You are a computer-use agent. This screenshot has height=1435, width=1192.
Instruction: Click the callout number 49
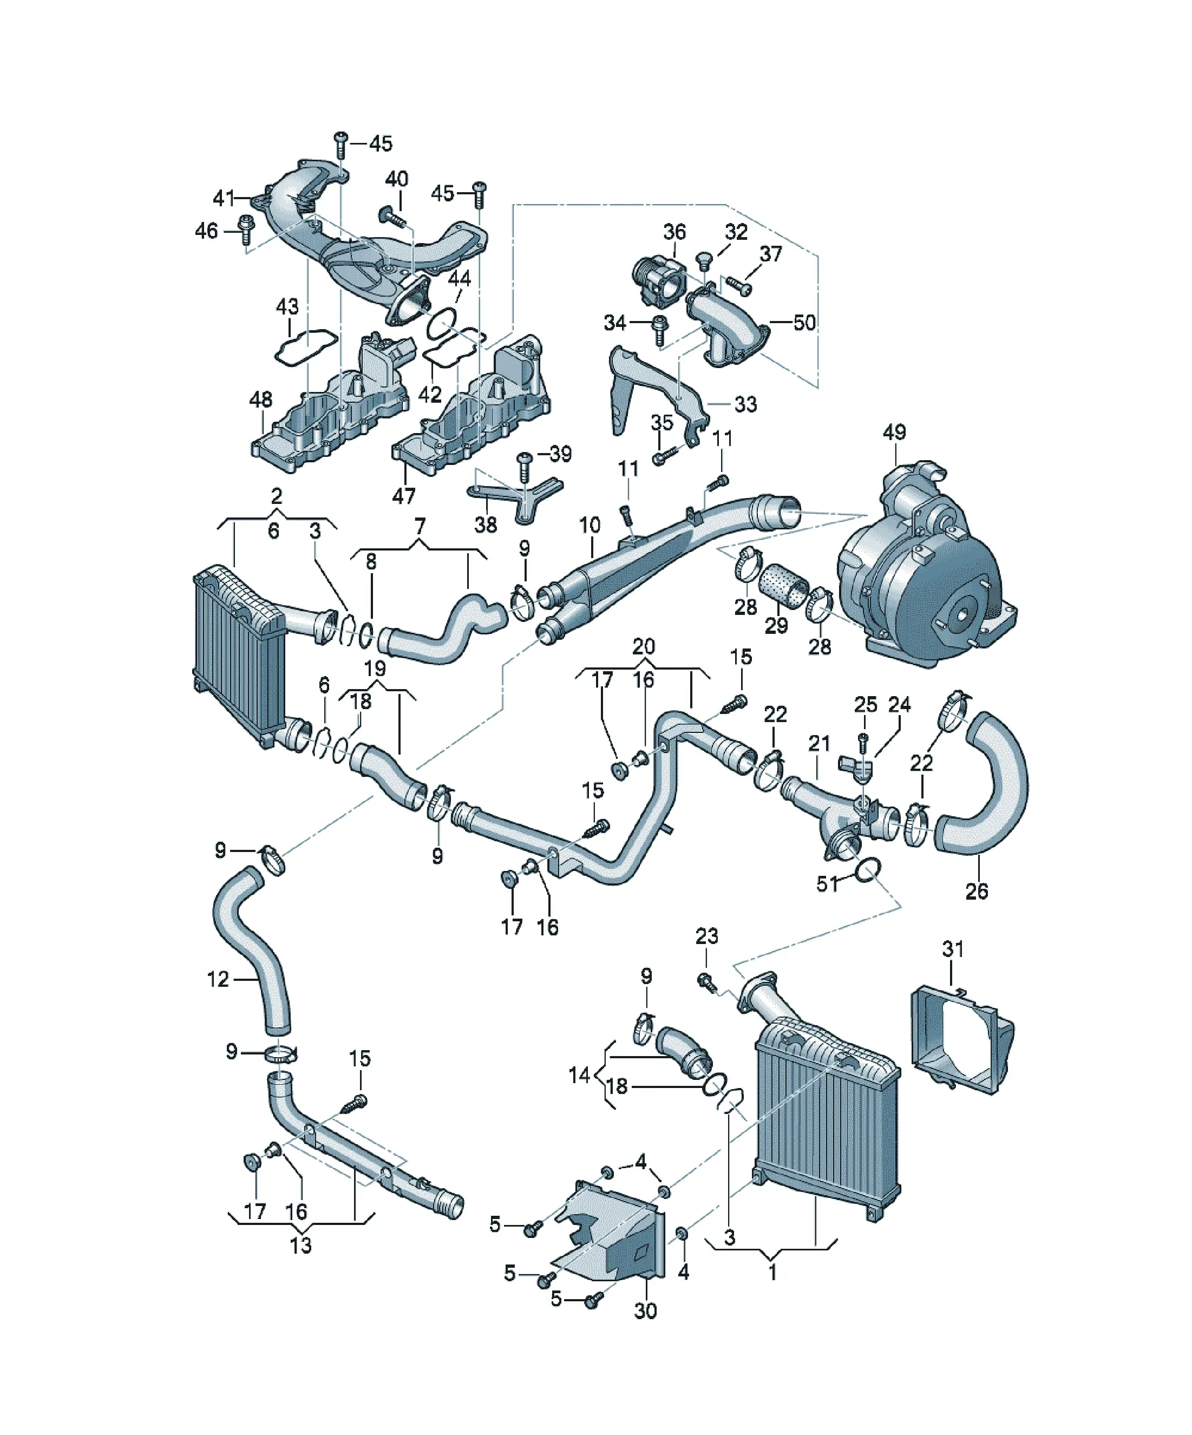(x=894, y=432)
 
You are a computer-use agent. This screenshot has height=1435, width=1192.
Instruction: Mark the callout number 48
(x=261, y=399)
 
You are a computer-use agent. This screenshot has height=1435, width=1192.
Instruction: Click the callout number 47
(x=403, y=495)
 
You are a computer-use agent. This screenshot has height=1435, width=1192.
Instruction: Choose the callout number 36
(x=674, y=232)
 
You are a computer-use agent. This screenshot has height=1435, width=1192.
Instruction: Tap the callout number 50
(x=805, y=323)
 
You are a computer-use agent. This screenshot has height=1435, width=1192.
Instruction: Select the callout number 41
(x=224, y=198)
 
